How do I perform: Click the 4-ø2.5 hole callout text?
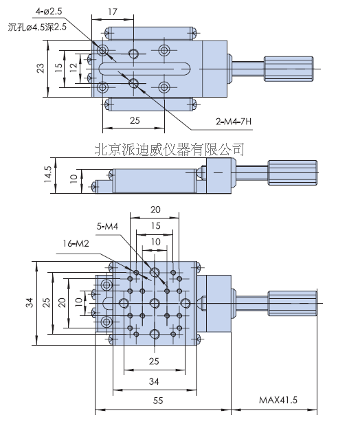pyautogui.click(x=53, y=12)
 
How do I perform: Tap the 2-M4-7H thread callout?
pyautogui.click(x=234, y=123)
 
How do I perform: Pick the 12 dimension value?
pyautogui.click(x=73, y=68)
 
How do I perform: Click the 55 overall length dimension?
pyautogui.click(x=159, y=399)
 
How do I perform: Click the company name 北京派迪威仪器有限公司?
pyautogui.click(x=168, y=148)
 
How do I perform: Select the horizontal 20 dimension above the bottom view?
pyautogui.click(x=155, y=210)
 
